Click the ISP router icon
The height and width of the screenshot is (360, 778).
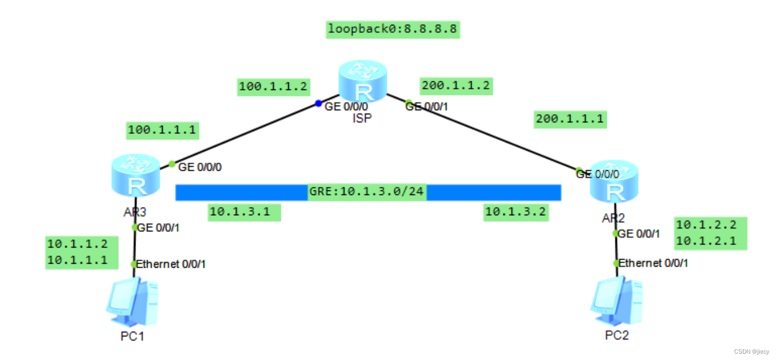[362, 84]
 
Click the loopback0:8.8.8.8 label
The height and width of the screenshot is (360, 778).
[393, 29]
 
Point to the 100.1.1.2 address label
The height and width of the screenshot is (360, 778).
[273, 88]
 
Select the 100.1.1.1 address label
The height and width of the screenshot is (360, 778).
[162, 130]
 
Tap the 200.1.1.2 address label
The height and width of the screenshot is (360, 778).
[456, 86]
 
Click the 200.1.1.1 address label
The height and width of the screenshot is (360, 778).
[570, 119]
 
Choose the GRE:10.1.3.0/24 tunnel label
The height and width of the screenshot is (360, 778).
[367, 192]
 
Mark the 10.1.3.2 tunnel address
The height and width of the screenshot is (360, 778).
[515, 212]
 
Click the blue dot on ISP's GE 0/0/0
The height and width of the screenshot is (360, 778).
[318, 104]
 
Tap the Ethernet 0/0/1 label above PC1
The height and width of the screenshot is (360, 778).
[171, 264]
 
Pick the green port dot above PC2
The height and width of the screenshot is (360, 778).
[616, 263]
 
